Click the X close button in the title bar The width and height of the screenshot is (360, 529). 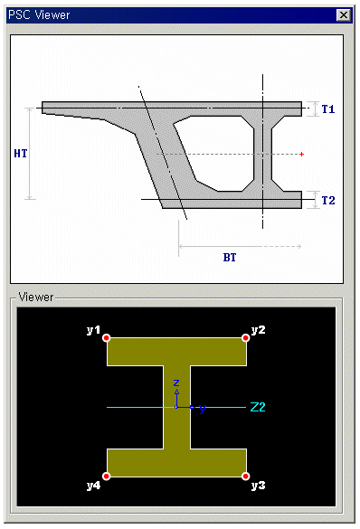pos(344,15)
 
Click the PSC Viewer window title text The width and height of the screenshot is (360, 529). pos(39,14)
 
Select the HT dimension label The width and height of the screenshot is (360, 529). pos(21,154)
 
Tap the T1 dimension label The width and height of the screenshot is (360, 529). pos(328,109)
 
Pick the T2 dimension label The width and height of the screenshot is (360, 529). pos(328,201)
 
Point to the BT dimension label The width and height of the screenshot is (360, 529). pos(230,258)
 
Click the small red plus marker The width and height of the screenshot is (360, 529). pos(301,155)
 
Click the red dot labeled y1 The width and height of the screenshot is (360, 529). pos(107,337)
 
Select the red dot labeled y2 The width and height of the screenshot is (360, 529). pos(246,337)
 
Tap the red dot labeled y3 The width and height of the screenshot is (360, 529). pos(246,476)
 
